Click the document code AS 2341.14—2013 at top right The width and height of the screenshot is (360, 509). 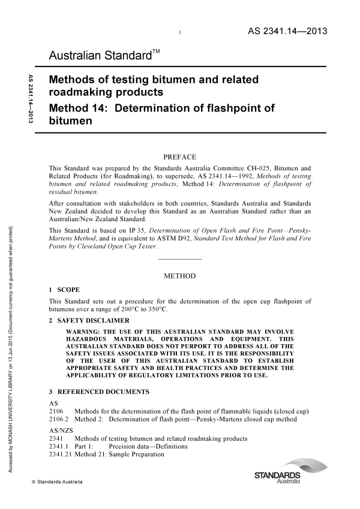pos(287,32)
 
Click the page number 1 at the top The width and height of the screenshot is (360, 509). pos(180,33)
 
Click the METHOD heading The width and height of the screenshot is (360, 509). pos(179,276)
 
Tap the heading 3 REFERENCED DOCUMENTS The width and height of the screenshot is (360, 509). pos(99,391)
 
